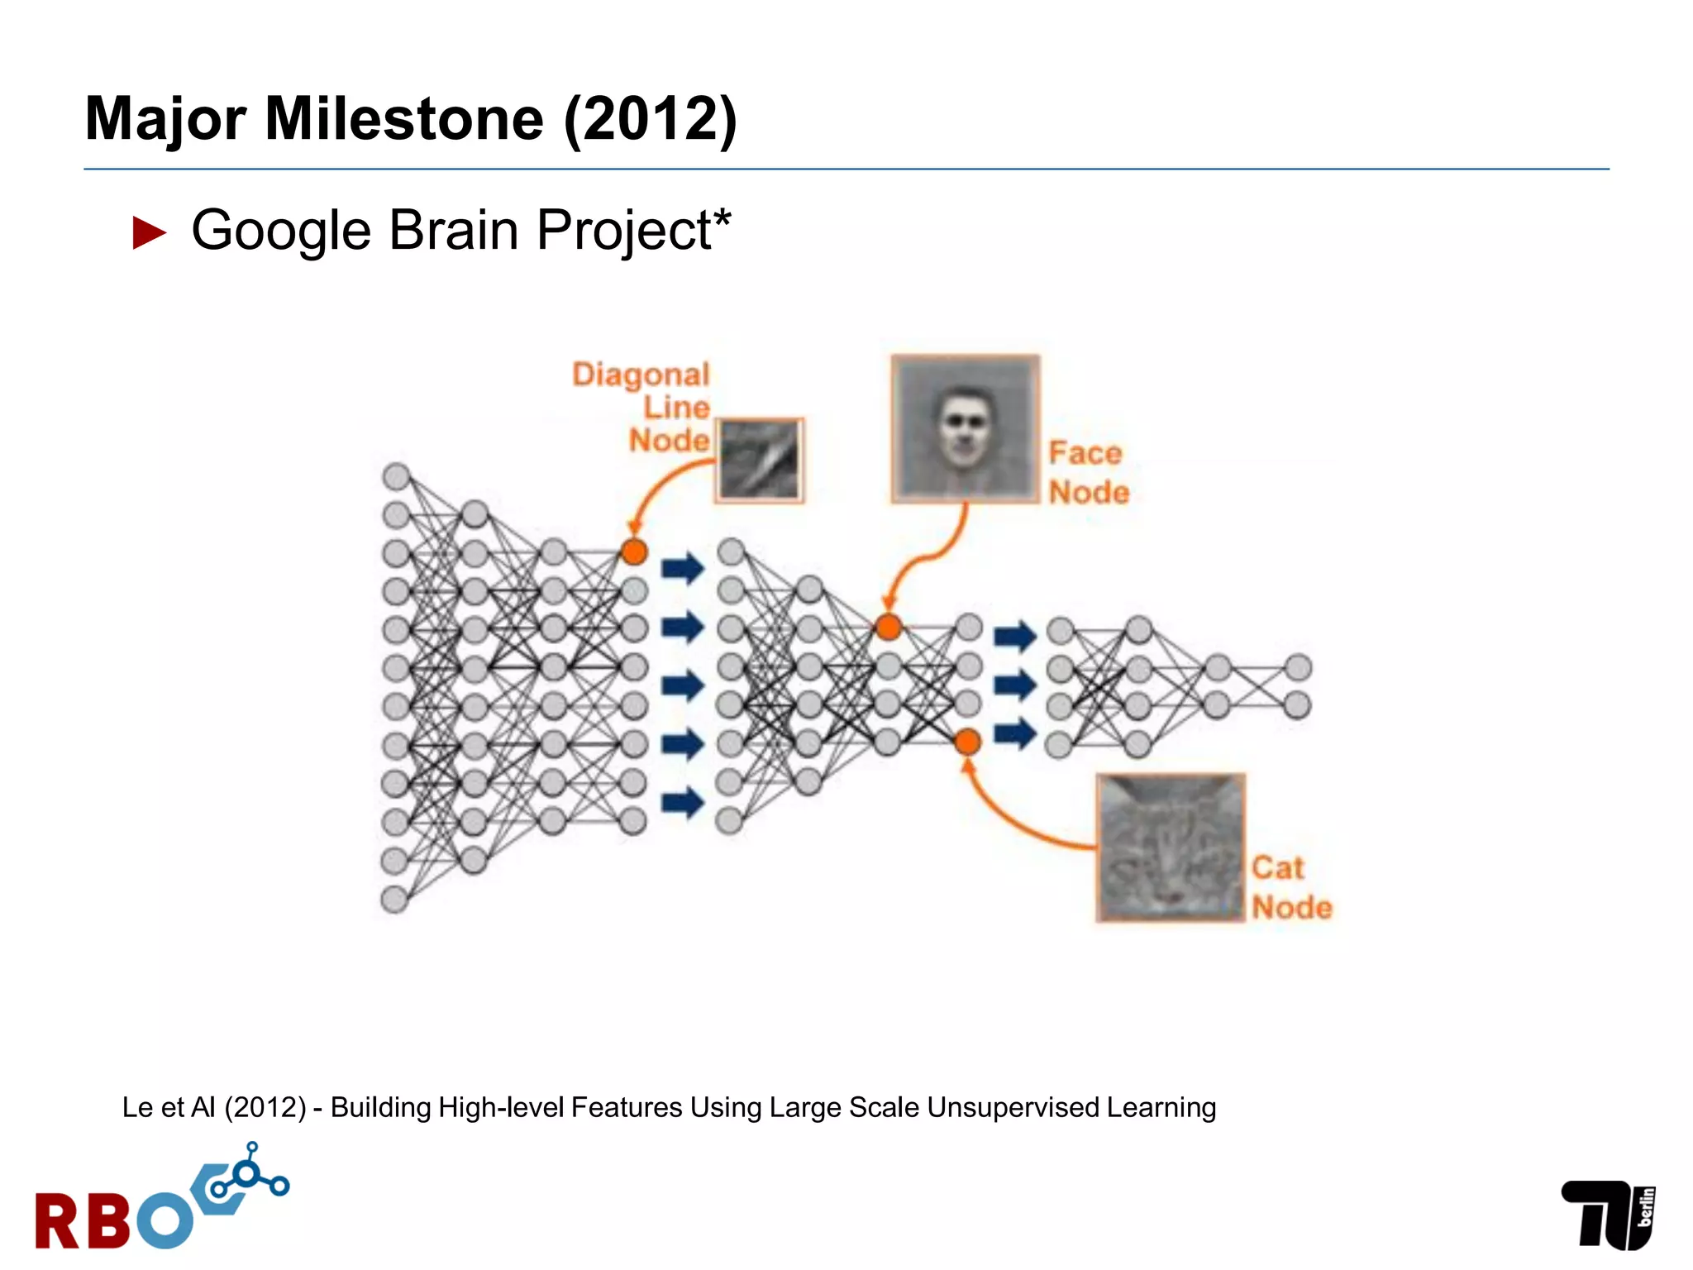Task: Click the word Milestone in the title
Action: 403,119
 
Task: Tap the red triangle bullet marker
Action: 150,232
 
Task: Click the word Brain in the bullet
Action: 453,230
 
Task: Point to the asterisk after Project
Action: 722,217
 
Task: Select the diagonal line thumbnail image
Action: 759,460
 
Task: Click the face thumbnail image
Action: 965,428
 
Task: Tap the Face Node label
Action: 1088,472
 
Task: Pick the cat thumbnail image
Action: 1170,847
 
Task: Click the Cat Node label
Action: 1290,887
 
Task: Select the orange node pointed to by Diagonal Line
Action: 633,551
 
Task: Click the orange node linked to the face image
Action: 888,627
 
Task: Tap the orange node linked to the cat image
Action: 966,742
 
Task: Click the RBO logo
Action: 161,1201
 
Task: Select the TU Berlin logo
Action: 1607,1214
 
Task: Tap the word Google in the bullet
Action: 280,230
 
